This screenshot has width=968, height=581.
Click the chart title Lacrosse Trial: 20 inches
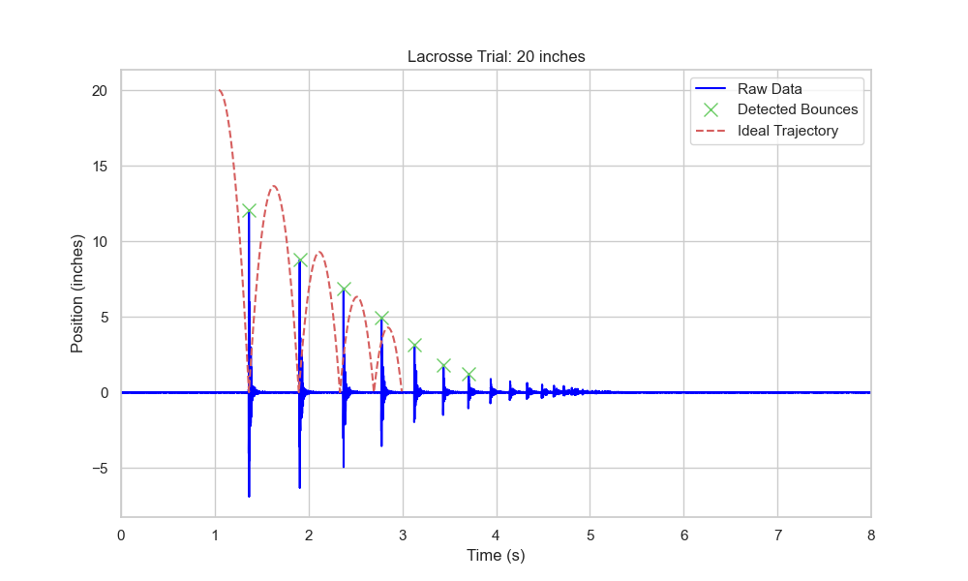pyautogui.click(x=496, y=57)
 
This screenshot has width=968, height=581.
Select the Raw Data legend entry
pyautogui.click(x=770, y=89)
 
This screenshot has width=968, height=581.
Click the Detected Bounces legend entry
pyautogui.click(x=797, y=109)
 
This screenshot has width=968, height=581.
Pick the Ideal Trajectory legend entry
pyautogui.click(x=787, y=131)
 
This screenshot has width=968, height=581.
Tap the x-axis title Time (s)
pyautogui.click(x=496, y=556)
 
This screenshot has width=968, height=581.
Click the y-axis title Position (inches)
pyautogui.click(x=77, y=292)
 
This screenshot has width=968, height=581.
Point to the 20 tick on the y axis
pyautogui.click(x=100, y=91)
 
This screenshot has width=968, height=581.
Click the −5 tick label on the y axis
pyautogui.click(x=100, y=469)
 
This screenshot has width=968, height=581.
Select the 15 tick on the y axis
pyautogui.click(x=100, y=167)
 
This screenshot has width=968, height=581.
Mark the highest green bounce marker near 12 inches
pyautogui.click(x=249, y=210)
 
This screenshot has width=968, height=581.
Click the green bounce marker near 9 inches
pyautogui.click(x=300, y=260)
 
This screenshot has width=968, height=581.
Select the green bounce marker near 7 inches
pyautogui.click(x=344, y=289)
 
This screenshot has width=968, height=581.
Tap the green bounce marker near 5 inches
pyautogui.click(x=381, y=318)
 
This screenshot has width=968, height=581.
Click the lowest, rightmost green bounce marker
pyautogui.click(x=469, y=374)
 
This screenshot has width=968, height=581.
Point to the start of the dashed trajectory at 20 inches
pyautogui.click(x=219, y=91)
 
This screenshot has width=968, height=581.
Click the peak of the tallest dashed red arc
pyautogui.click(x=274, y=186)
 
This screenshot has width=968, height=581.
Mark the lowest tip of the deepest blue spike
pyautogui.click(x=249, y=497)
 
